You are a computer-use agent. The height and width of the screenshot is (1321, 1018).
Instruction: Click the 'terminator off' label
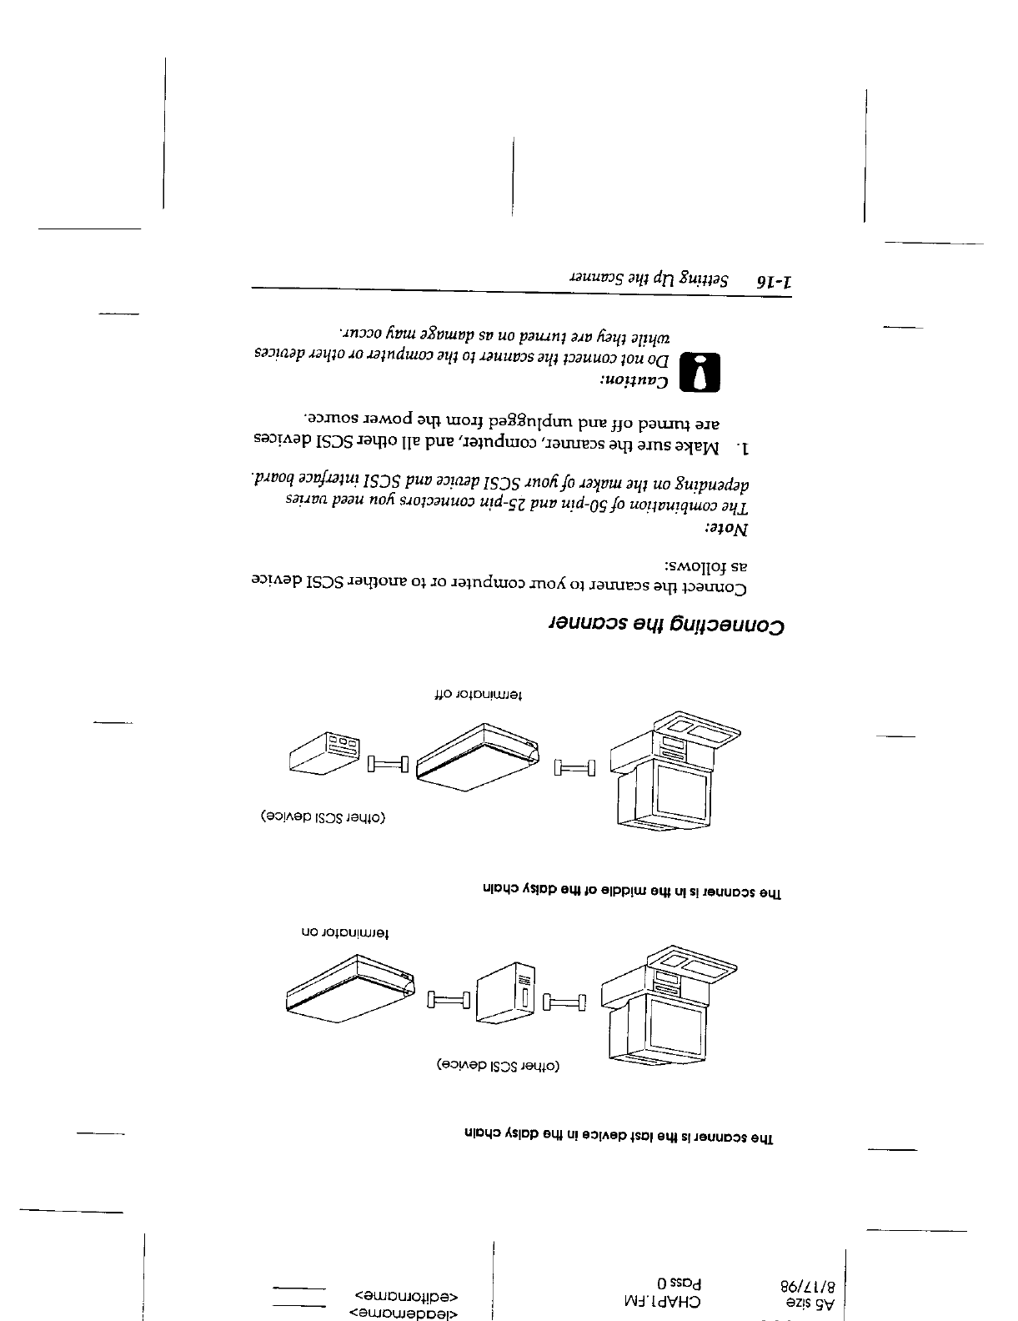pyautogui.click(x=479, y=693)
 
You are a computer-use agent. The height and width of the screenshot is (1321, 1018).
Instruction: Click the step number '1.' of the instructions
pyautogui.click(x=742, y=449)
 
